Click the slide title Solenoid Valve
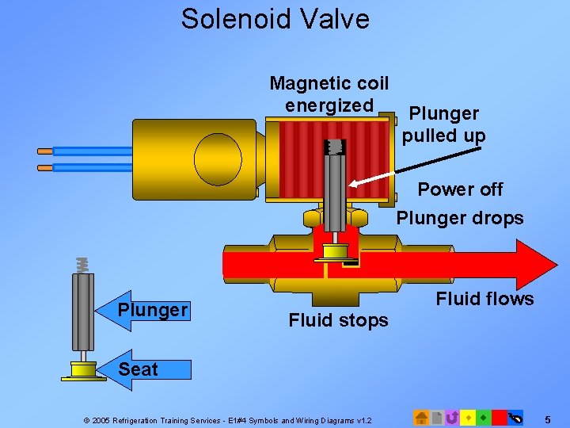pos(275,18)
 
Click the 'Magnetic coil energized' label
pos(329,94)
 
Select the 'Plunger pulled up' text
pos(443,125)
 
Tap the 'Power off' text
pos(460,189)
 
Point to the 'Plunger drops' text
pos(460,218)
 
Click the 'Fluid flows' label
pos(484,298)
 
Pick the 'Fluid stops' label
pos(338,320)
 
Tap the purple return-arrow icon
pos(452,418)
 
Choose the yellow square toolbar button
pos(468,418)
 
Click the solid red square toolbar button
pos(499,418)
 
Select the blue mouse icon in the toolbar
pos(515,418)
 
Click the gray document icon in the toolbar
pos(437,418)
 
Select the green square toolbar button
pos(483,418)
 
